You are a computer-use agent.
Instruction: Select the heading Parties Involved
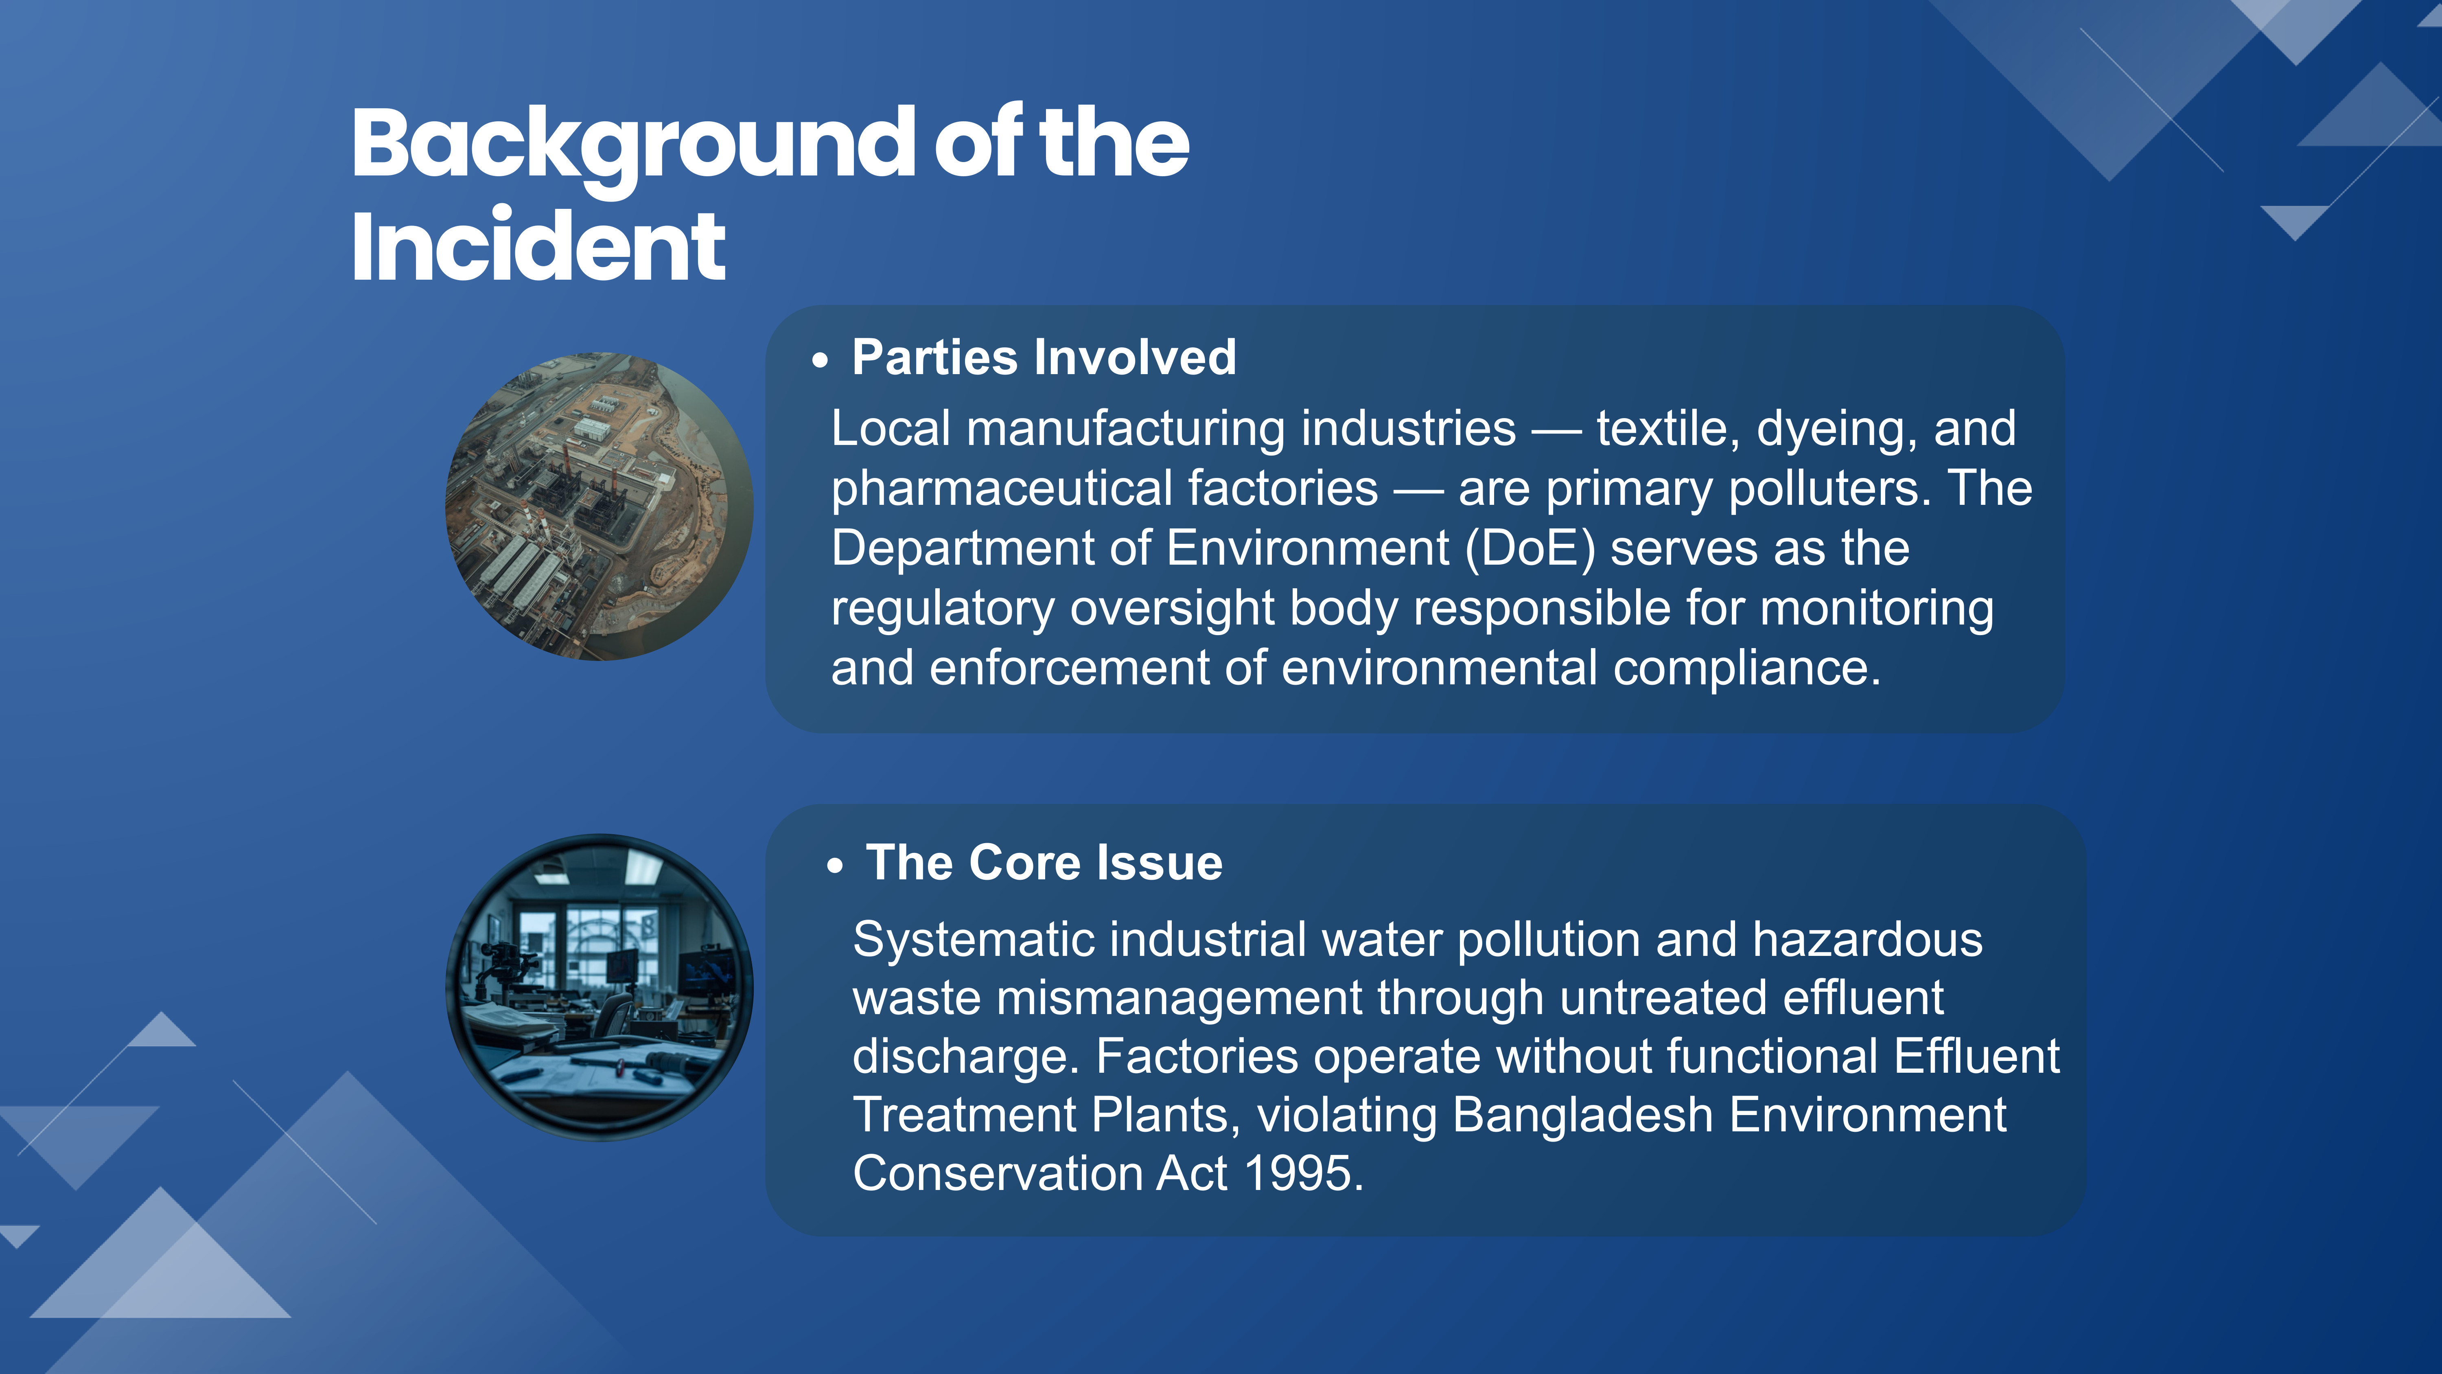(1044, 357)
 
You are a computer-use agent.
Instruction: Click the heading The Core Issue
(1044, 863)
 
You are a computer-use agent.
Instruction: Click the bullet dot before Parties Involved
(820, 360)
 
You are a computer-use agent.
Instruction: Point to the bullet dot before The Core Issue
(834, 866)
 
